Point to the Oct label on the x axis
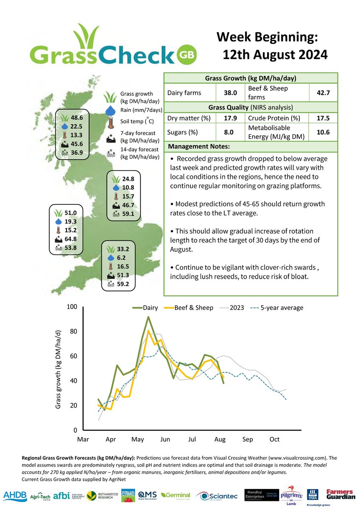[274, 439]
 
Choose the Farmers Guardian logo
[340, 494]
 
